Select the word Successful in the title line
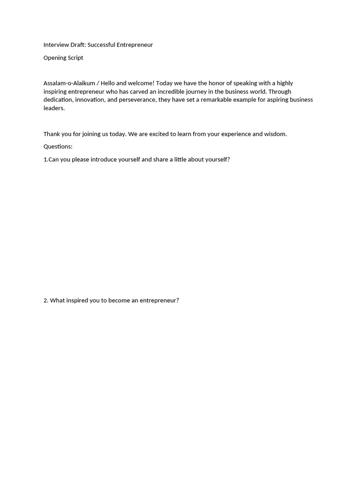[101, 45]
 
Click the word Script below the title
[76, 58]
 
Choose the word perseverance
[136, 100]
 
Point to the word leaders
[54, 108]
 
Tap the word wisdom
[275, 134]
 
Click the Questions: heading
[58, 147]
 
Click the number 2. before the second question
[46, 300]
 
